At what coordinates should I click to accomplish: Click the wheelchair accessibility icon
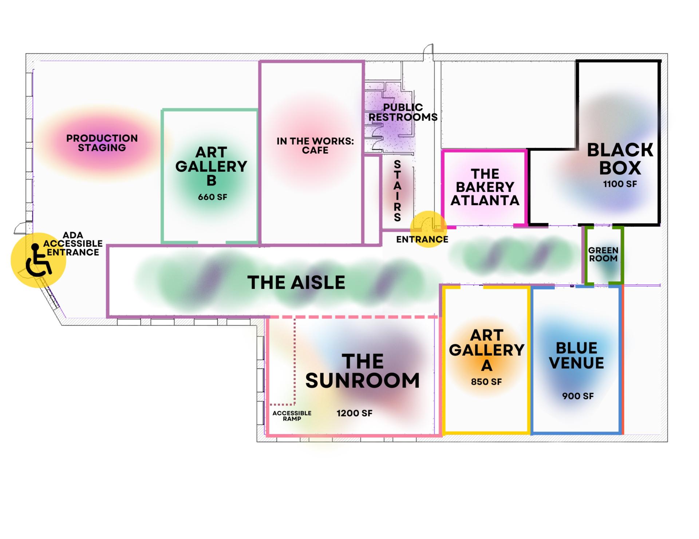click(39, 260)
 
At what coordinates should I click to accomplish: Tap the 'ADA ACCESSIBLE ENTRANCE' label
click(73, 244)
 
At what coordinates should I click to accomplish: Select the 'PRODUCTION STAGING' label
click(102, 143)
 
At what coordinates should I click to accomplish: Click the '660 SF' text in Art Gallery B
click(213, 197)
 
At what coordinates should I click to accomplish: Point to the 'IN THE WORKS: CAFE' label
click(315, 145)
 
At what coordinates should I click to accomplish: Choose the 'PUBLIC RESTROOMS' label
click(403, 112)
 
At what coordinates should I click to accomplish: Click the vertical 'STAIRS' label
click(398, 191)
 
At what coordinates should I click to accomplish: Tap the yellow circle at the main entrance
click(429, 229)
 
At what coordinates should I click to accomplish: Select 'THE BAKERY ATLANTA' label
click(485, 187)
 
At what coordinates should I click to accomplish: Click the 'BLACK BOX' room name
click(620, 159)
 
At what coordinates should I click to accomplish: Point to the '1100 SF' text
click(620, 184)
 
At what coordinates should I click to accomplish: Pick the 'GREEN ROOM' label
click(603, 254)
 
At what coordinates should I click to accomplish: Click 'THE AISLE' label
click(296, 283)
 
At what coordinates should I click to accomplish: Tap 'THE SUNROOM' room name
click(363, 371)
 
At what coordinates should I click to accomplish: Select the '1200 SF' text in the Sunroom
click(355, 413)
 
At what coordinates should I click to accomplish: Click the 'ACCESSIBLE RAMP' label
click(292, 416)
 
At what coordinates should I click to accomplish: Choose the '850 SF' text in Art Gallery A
click(486, 382)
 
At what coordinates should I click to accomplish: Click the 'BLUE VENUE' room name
click(577, 355)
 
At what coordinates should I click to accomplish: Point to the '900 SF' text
click(578, 396)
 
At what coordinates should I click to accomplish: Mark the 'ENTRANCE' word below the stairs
click(422, 239)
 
